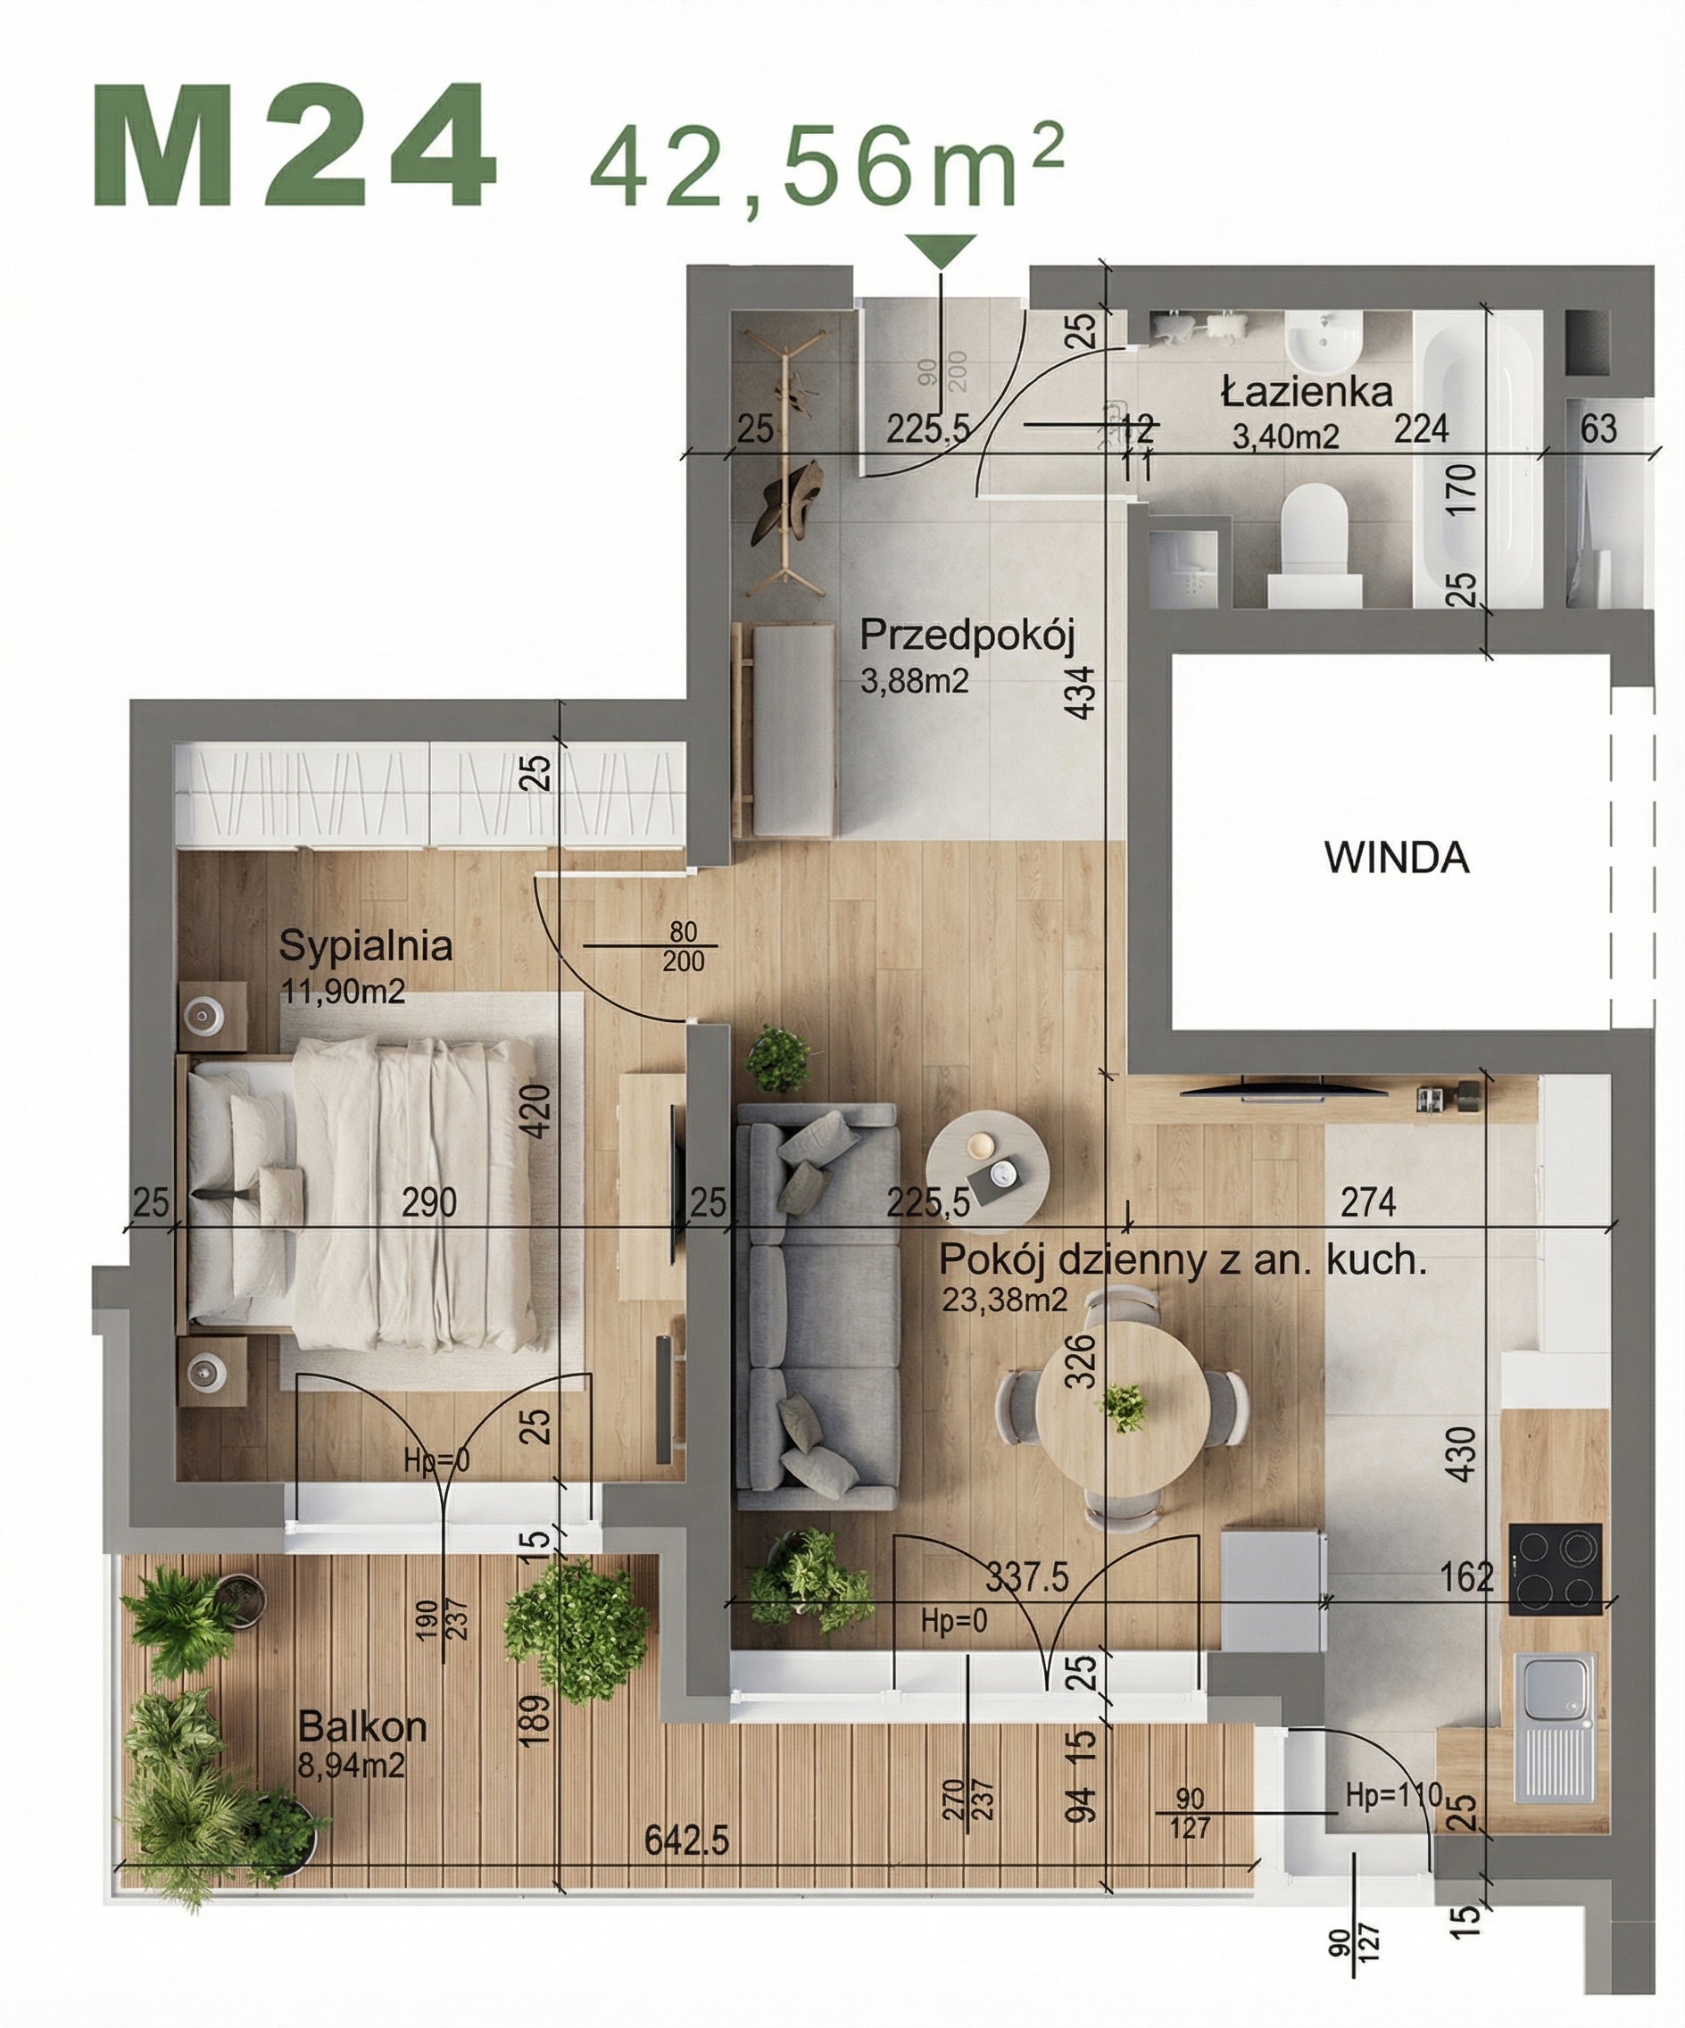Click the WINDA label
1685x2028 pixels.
pos(1396,858)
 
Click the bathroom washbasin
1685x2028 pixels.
pos(1324,343)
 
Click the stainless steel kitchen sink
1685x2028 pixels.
pos(1555,1726)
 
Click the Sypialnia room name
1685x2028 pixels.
pos(365,946)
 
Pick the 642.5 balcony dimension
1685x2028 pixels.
pos(685,1841)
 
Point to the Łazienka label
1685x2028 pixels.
pos(1307,391)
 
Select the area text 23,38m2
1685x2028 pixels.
pos(1004,1300)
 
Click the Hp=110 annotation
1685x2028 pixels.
pos(1393,1795)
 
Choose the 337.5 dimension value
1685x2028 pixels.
pos(1026,1578)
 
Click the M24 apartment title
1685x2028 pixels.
pos(295,146)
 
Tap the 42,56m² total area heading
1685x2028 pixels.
pos(826,165)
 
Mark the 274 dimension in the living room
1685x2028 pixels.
pos(1367,1201)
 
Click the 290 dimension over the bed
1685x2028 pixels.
pos(428,1202)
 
